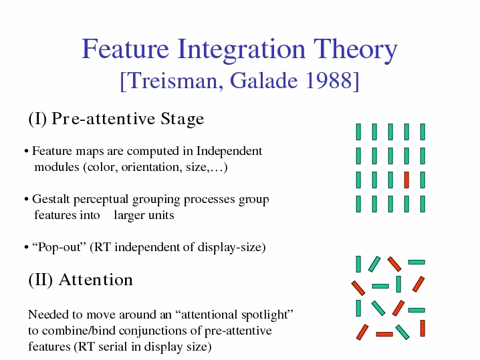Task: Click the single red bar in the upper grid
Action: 406,180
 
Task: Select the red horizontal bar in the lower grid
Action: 384,335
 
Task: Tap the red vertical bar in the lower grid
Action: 423,328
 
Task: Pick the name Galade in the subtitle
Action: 264,81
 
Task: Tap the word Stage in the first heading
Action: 183,119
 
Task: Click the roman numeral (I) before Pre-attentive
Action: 37,119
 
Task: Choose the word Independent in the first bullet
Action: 229,151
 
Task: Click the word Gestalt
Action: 51,199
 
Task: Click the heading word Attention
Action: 96,280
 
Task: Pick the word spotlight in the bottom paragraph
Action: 267,315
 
